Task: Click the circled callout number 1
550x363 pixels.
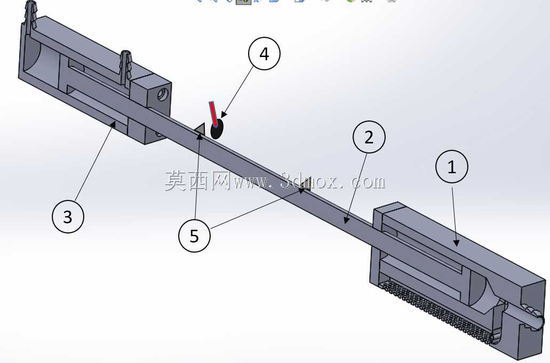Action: [x=452, y=166]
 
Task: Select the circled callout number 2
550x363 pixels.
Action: [x=369, y=137]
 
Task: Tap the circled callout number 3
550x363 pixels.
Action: [x=68, y=216]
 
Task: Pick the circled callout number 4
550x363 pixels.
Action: [x=264, y=54]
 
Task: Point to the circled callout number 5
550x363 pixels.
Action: [x=194, y=236]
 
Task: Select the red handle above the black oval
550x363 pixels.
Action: [x=213, y=113]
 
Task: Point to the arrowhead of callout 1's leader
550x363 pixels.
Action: [x=456, y=243]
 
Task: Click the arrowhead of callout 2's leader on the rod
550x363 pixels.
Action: [x=346, y=220]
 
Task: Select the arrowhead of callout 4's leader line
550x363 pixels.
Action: [x=224, y=115]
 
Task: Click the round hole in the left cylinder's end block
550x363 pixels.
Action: [x=162, y=94]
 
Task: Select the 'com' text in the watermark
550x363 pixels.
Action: [x=368, y=181]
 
